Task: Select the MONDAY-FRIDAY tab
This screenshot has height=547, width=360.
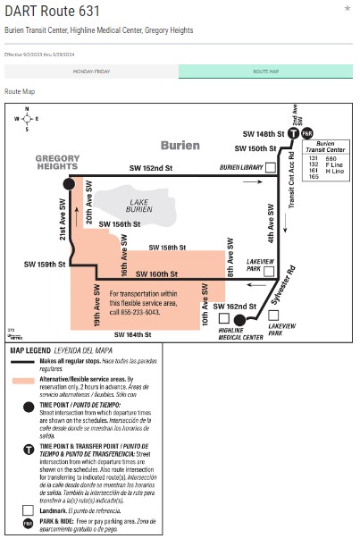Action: click(x=92, y=71)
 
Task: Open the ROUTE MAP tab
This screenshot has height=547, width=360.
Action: click(x=265, y=71)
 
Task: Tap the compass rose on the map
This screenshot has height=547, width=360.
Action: click(x=27, y=118)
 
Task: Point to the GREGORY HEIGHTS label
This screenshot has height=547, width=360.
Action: click(x=57, y=163)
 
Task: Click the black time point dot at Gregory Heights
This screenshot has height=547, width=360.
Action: click(x=69, y=183)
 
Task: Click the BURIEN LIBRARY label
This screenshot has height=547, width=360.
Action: click(x=241, y=168)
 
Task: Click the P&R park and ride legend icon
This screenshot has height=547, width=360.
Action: click(x=28, y=523)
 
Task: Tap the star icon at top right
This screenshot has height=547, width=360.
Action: click(x=347, y=8)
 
